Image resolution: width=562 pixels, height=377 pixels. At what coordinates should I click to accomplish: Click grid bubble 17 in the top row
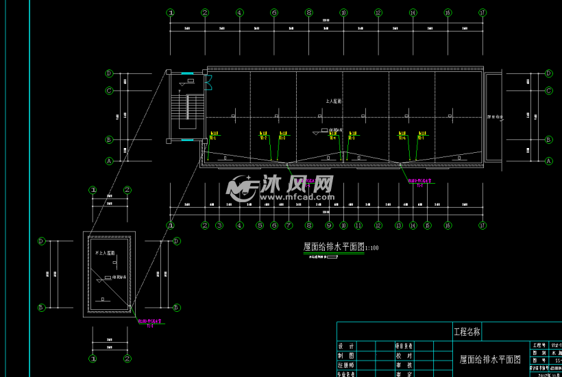pyautogui.click(x=482, y=12)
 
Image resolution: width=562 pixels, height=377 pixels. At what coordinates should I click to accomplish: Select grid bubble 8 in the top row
pyautogui.click(x=308, y=12)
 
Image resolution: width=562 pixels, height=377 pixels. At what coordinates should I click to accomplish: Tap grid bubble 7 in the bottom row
pyautogui.click(x=288, y=226)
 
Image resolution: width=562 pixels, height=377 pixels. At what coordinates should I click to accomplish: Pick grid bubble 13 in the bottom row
pyautogui.click(x=398, y=226)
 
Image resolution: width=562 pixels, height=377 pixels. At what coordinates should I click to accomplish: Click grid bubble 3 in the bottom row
pyautogui.click(x=219, y=226)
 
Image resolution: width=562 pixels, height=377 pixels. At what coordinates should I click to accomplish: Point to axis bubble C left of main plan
pyautogui.click(x=108, y=90)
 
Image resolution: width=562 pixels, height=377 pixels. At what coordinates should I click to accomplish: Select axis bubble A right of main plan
pyautogui.click(x=548, y=161)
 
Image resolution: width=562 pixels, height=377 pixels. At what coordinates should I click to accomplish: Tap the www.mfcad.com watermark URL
pyautogui.click(x=295, y=197)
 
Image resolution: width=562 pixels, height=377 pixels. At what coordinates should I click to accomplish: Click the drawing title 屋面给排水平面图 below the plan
pyautogui.click(x=334, y=247)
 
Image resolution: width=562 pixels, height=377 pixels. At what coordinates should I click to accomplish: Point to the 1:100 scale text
pyautogui.click(x=372, y=248)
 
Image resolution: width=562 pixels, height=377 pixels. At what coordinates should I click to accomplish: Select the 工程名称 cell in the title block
pyautogui.click(x=467, y=332)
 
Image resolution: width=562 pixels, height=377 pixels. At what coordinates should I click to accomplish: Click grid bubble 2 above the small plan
pyautogui.click(x=127, y=190)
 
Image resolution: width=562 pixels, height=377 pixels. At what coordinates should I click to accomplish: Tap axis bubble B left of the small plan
pyautogui.click(x=41, y=308)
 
